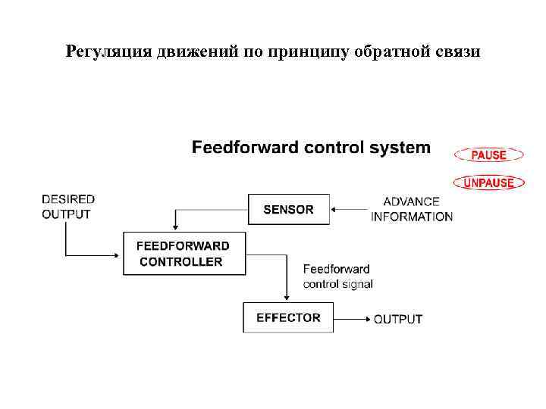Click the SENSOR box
click(289, 209)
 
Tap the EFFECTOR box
click(288, 317)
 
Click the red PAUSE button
click(489, 155)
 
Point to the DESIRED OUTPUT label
click(68, 206)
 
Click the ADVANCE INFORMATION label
click(412, 209)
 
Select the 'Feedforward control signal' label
click(337, 276)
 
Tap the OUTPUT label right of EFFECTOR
click(398, 319)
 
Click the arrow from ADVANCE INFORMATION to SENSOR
click(350, 208)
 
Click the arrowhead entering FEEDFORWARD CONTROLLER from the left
click(119, 254)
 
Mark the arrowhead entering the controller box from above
click(176, 226)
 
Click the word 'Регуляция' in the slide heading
click(109, 52)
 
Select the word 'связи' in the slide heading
click(458, 52)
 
